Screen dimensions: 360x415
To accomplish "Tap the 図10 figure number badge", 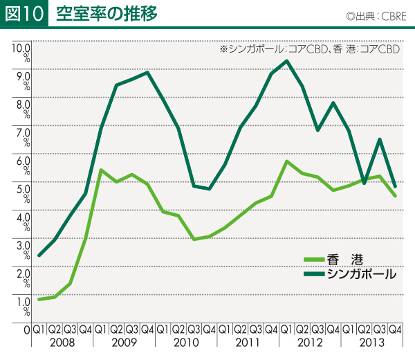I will pos(24,14).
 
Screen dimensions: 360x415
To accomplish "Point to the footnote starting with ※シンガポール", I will pos(310,50).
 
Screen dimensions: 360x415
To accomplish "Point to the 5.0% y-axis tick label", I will pos(20,192).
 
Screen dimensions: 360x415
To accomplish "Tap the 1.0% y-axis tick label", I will pos(20,305).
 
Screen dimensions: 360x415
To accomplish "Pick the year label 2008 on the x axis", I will pos(62,343).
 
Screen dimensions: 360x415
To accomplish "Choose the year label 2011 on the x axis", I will pos(248,343).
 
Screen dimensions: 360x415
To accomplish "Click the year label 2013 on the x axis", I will pos(371,343).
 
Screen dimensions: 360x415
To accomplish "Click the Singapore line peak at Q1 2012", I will pos(286,61).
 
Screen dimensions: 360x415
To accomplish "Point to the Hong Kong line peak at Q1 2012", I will pos(286,161).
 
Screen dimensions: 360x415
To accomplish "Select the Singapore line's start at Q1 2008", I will pos(39,255).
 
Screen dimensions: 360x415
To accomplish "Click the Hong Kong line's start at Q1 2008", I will pos(39,299).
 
